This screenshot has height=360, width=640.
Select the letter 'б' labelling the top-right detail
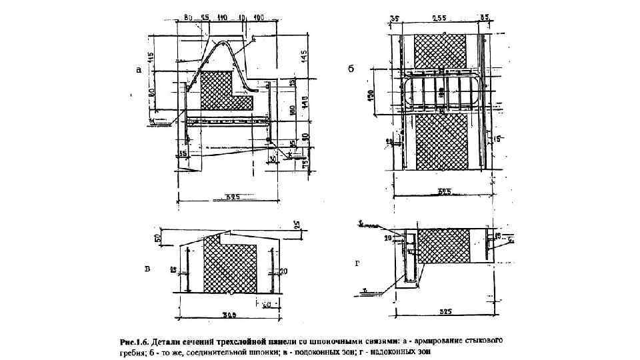coord(351,68)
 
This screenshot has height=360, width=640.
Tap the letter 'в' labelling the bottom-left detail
coord(147,269)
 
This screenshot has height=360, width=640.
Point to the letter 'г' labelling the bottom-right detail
coord(357,264)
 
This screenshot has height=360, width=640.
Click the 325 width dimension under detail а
coord(232,197)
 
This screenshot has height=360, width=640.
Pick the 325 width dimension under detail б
coord(445,192)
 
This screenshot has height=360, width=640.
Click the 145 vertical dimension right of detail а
coord(304,57)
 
